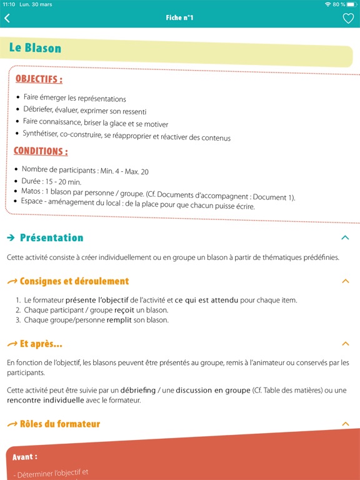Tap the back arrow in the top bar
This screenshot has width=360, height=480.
tap(7, 18)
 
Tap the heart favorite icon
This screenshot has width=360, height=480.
tap(348, 18)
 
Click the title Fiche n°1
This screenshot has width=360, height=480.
tap(180, 18)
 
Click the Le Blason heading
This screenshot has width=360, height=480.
tap(35, 48)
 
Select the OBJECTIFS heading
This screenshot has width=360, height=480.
tap(39, 79)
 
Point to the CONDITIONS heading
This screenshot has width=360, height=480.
tap(41, 151)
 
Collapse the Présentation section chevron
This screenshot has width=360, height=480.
tap(344, 237)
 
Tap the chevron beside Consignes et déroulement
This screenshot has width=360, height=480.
tap(345, 281)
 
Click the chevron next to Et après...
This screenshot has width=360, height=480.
tap(345, 344)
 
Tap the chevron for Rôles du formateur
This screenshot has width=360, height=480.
tap(345, 424)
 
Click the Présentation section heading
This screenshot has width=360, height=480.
tap(51, 237)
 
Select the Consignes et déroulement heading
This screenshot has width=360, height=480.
tap(74, 281)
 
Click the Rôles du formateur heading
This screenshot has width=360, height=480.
tap(59, 424)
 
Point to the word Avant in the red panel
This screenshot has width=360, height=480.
tap(25, 457)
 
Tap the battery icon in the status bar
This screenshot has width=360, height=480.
tap(351, 4)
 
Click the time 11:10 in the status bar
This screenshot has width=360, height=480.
tap(9, 4)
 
